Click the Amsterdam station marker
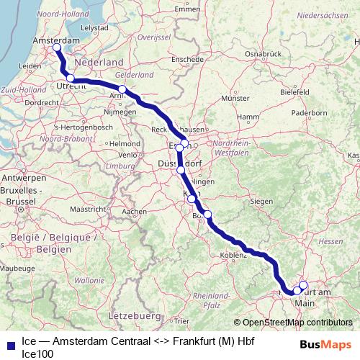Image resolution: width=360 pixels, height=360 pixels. click(56, 48)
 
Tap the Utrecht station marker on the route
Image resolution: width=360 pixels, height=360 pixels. click(71, 78)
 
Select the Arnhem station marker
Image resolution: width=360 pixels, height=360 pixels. click(122, 89)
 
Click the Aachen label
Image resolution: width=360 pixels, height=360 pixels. click(136, 212)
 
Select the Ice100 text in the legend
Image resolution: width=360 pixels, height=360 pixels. click(37, 354)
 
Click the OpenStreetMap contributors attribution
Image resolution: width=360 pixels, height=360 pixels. click(294, 323)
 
